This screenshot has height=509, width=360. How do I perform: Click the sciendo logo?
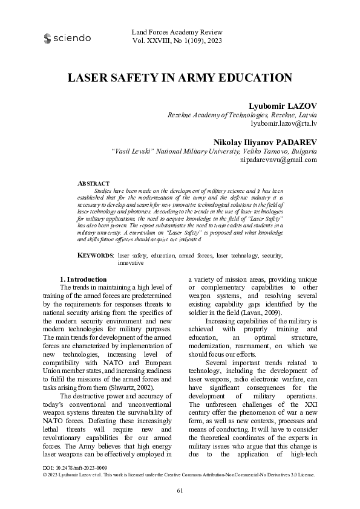[x=67, y=38]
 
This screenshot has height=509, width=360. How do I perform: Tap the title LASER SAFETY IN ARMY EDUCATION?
[x=180, y=78]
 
